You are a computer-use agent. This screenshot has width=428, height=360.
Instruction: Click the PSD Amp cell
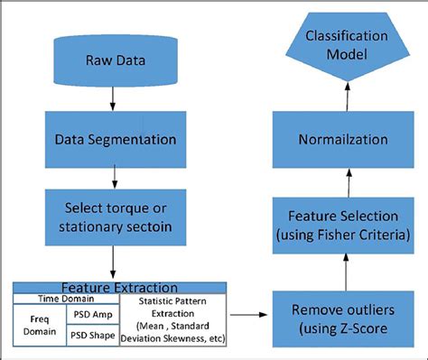[x=92, y=313]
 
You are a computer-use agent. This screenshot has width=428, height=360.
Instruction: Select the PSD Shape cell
[x=92, y=335]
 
